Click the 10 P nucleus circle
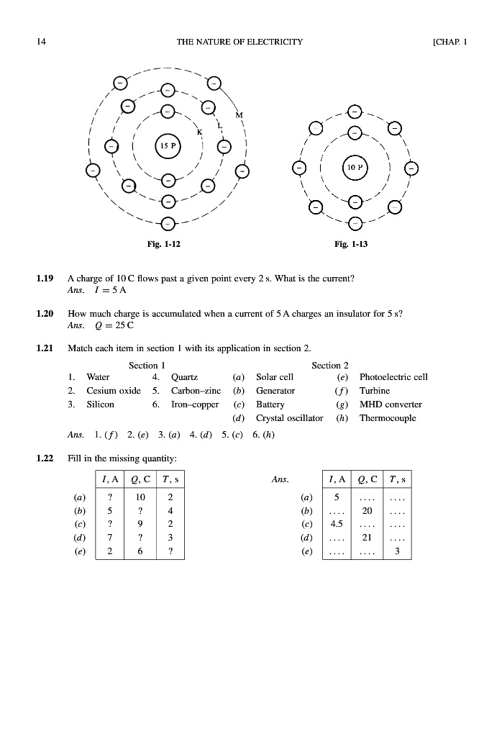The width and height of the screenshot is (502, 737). (x=355, y=167)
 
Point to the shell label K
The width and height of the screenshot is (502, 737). (x=199, y=132)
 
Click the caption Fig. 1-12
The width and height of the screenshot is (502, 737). (x=164, y=245)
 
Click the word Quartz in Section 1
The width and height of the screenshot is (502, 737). (x=183, y=376)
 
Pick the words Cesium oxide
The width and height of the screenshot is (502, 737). (x=114, y=390)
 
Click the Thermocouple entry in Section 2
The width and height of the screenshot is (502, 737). (x=388, y=418)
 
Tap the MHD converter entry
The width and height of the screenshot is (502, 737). (x=391, y=404)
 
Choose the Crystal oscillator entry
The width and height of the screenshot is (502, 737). (x=290, y=418)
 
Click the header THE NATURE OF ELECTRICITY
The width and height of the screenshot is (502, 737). (x=239, y=42)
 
